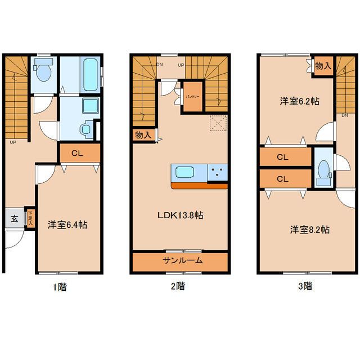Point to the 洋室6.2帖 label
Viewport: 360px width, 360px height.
pyautogui.click(x=300, y=102)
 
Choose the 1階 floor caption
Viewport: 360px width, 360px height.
pyautogui.click(x=59, y=286)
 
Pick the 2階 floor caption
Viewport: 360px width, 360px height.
pyautogui.click(x=177, y=286)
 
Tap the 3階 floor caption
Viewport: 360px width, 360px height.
pyautogui.click(x=305, y=286)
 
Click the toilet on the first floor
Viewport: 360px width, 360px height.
pyautogui.click(x=43, y=71)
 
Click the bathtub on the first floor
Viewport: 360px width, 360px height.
pyautogui.click(x=89, y=75)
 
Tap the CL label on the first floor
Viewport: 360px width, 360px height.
pyautogui.click(x=79, y=152)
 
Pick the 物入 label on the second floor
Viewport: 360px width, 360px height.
pyautogui.click(x=143, y=136)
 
